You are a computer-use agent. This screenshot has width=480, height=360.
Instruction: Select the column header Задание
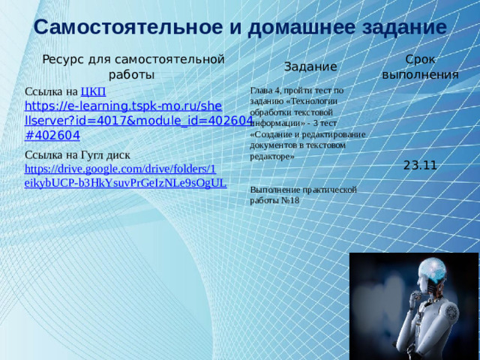coord(310,67)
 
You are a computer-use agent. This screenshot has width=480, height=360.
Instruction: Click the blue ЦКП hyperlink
coord(92,91)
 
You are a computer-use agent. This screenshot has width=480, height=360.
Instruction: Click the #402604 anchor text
coord(52,135)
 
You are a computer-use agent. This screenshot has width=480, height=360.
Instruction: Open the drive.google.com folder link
coord(120,169)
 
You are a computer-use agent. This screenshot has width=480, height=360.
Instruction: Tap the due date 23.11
coord(420,165)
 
